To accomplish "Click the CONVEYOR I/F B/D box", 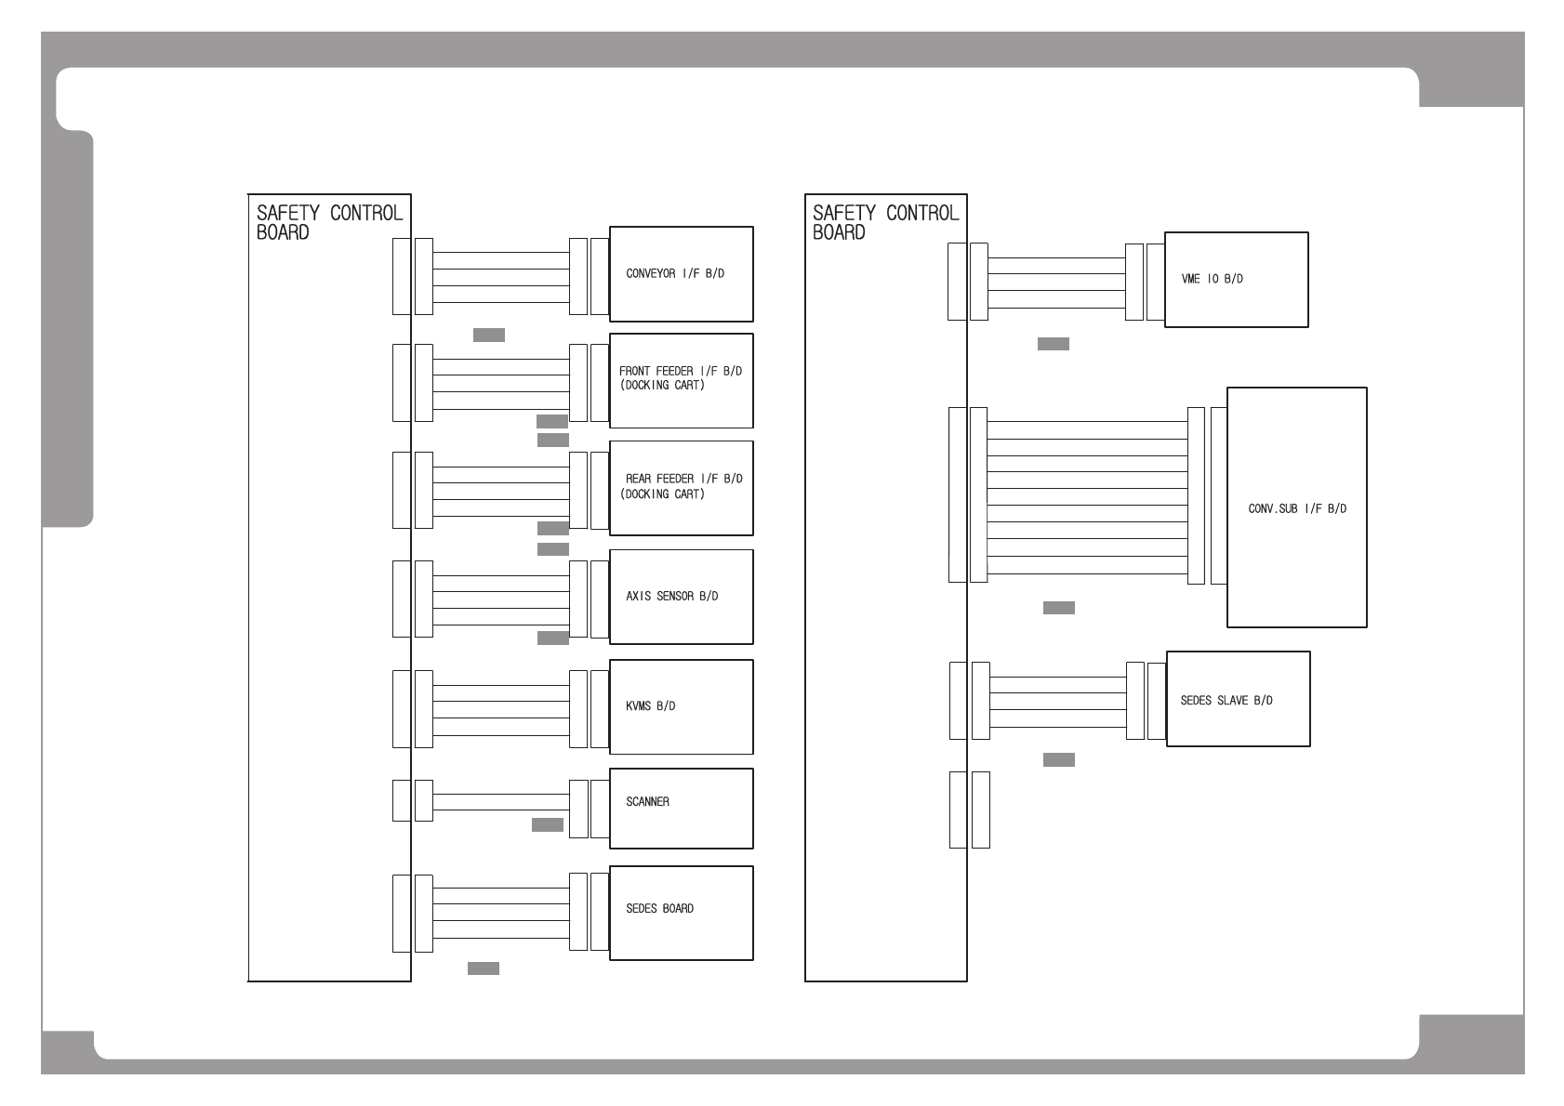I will point(681,274).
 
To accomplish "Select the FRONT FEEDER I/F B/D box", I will point(681,380).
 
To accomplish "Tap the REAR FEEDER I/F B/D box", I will point(681,488).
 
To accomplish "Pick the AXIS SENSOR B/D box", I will point(681,597).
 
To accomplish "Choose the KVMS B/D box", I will point(681,706).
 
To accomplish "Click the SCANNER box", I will point(681,808).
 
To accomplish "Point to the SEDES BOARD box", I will point(681,913).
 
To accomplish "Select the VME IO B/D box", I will point(1236,280).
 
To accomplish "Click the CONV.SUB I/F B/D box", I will point(1296,507).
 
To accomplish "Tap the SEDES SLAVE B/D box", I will point(1238,699).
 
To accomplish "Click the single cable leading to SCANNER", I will point(500,801).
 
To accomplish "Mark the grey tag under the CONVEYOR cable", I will point(489,335).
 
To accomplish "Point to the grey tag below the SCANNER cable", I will point(548,824).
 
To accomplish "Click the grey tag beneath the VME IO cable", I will point(1054,344).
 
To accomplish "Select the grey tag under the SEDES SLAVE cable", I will point(1059,759).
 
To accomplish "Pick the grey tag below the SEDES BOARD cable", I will point(484,968).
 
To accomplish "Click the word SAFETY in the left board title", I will point(288,213).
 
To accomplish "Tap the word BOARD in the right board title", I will point(839,232).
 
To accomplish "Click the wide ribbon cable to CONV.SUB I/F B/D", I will point(1087,497).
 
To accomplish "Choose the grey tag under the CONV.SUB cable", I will point(1059,608).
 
